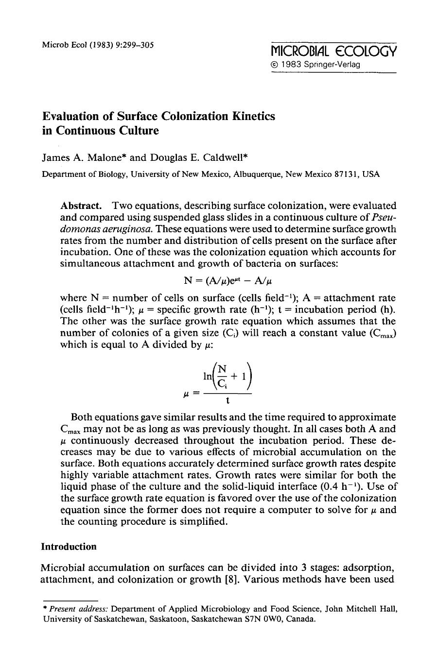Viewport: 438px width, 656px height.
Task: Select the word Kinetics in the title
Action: click(x=253, y=116)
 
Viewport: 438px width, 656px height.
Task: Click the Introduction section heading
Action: click(x=69, y=547)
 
